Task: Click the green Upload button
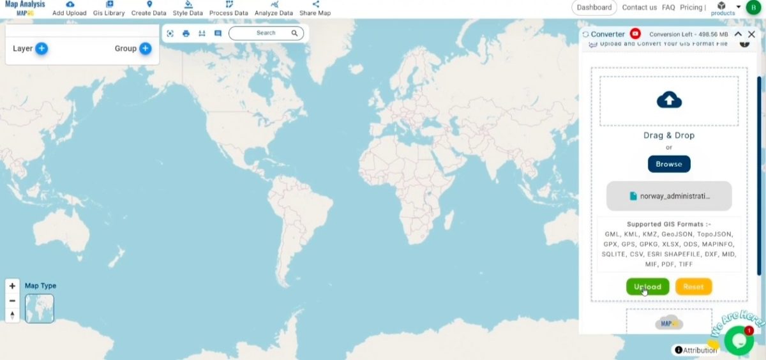click(x=647, y=287)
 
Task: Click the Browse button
click(x=669, y=164)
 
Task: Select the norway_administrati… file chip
click(x=669, y=196)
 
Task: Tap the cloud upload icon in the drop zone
click(x=669, y=100)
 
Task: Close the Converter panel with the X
click(x=751, y=34)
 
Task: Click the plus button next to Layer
click(x=41, y=49)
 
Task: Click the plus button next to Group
click(x=145, y=49)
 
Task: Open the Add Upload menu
click(x=70, y=8)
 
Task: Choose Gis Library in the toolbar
click(x=109, y=8)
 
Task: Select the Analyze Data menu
click(x=274, y=8)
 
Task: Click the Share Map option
click(x=315, y=8)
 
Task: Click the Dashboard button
click(x=594, y=8)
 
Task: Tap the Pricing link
click(x=691, y=8)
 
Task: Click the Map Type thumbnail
click(x=40, y=308)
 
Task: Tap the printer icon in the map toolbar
click(x=186, y=33)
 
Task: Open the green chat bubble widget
click(x=739, y=341)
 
